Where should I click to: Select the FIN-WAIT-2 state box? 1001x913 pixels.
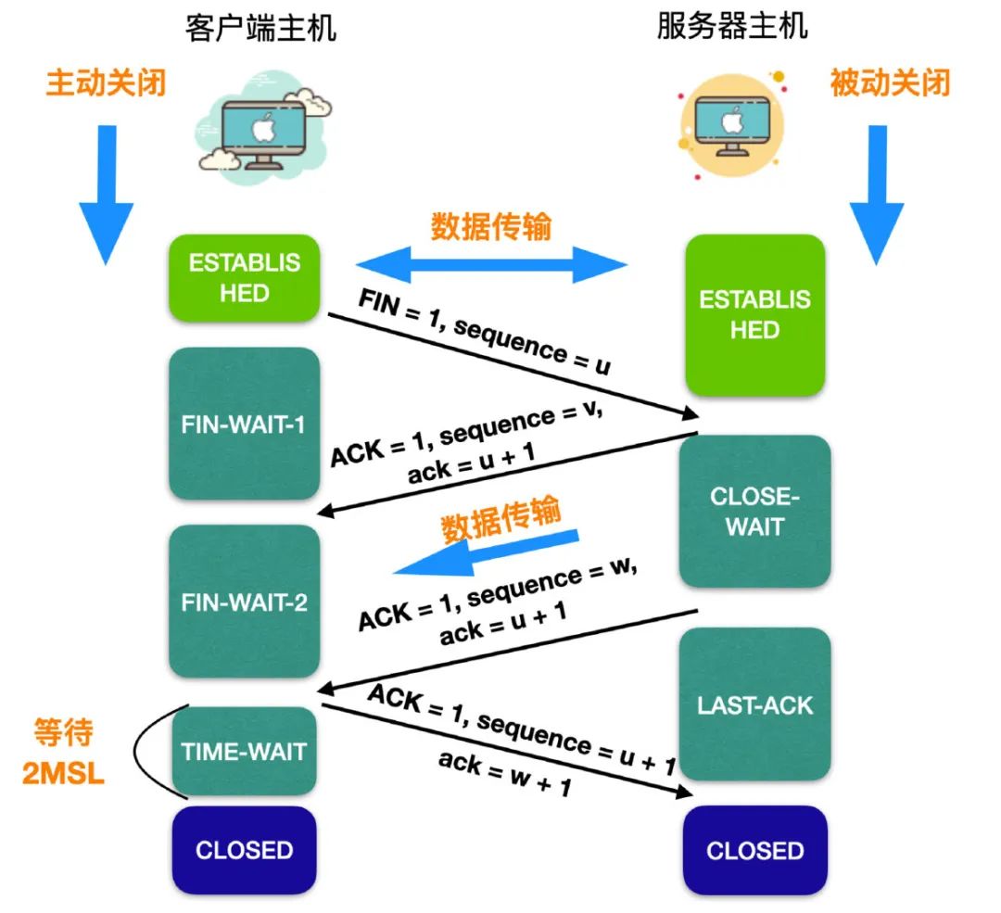click(x=245, y=602)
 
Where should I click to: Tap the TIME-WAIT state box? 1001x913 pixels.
click(x=245, y=751)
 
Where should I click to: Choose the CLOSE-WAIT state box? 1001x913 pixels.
click(x=754, y=512)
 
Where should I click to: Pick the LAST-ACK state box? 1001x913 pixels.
click(x=754, y=704)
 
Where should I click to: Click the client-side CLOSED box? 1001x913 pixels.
click(x=245, y=850)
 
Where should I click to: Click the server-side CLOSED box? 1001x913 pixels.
click(x=754, y=850)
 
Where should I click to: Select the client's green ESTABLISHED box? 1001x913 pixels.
click(x=245, y=278)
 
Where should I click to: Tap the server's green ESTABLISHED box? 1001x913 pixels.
click(x=754, y=315)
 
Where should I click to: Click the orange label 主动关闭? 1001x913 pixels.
click(x=106, y=83)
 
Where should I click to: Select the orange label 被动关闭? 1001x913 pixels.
click(x=891, y=83)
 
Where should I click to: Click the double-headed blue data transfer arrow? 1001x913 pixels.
click(x=490, y=264)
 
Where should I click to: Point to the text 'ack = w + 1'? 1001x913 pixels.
click(x=504, y=775)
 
